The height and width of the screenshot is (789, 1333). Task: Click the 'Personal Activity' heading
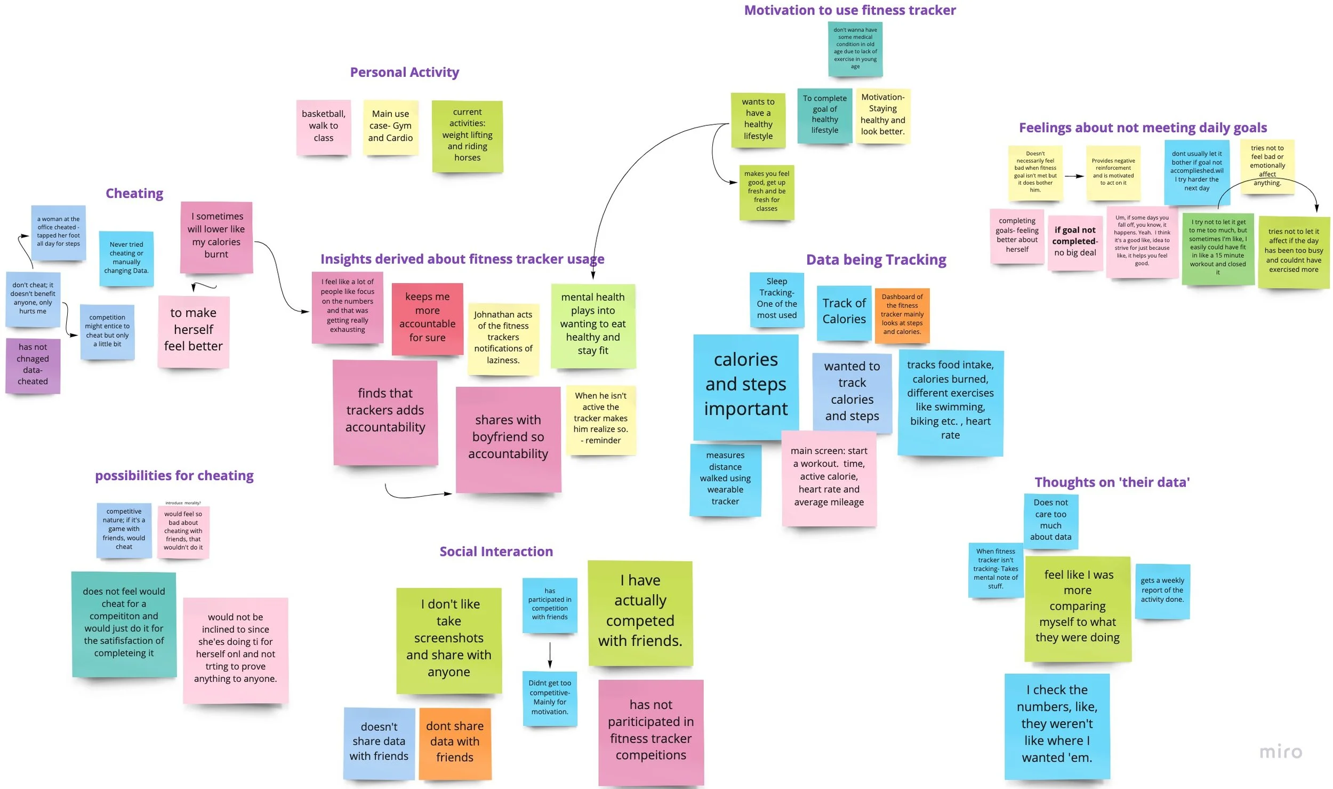pyautogui.click(x=404, y=72)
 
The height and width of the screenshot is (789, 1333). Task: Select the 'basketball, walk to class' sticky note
pyautogui.click(x=323, y=126)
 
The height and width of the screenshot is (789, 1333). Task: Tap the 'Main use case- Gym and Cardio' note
pyautogui.click(x=390, y=126)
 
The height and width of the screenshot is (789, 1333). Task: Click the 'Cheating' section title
pyautogui.click(x=134, y=193)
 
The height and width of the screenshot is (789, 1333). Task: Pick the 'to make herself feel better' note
pyautogui.click(x=193, y=330)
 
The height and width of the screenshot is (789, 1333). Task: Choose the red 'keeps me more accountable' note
pyautogui.click(x=427, y=318)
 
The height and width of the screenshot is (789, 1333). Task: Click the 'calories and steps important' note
pyautogui.click(x=745, y=385)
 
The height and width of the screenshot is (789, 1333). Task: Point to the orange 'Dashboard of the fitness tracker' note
pyautogui.click(x=902, y=314)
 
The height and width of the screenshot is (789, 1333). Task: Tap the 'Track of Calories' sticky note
pyautogui.click(x=844, y=312)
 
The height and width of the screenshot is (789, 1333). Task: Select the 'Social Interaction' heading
pyautogui.click(x=496, y=552)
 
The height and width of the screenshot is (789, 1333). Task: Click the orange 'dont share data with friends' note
pyautogui.click(x=454, y=742)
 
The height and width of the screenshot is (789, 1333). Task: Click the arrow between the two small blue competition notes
pyautogui.click(x=550, y=655)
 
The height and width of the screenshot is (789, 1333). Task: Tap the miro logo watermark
pyautogui.click(x=1280, y=752)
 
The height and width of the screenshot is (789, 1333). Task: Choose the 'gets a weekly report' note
pyautogui.click(x=1162, y=591)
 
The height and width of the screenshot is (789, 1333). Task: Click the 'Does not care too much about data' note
pyautogui.click(x=1050, y=520)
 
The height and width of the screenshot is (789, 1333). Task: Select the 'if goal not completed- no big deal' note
pyautogui.click(x=1074, y=242)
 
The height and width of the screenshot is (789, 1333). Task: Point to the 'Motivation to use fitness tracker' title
pyautogui.click(x=849, y=10)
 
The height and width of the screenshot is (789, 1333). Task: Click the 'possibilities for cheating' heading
pyautogui.click(x=174, y=475)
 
